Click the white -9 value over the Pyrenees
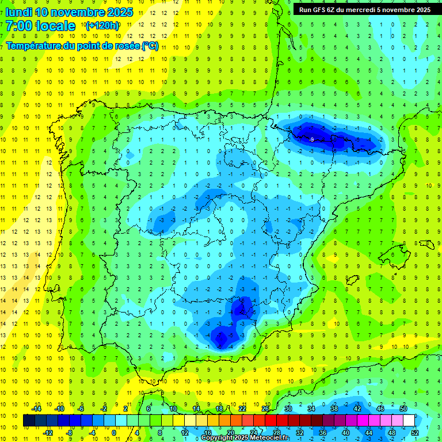pos(311,140)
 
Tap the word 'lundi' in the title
pos(18,12)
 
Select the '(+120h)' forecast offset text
pos(102,26)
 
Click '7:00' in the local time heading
pos(18,26)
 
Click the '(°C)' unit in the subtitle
pos(150,45)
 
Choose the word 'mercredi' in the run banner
pos(363,9)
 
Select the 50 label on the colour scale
pos(403,409)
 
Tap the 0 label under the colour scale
pos(114,433)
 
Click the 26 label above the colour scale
pos(265,409)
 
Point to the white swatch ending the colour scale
pos(409,421)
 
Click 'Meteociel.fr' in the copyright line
pos(270,438)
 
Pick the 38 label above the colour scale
pos(334,409)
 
